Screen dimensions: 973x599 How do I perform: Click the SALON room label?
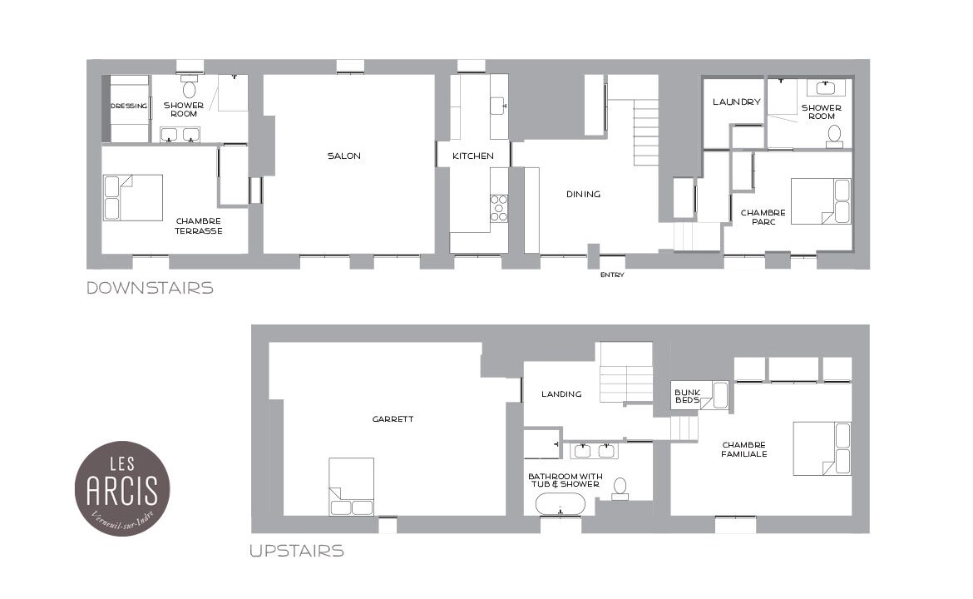(x=343, y=156)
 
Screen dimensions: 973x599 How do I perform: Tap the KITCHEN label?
(x=473, y=156)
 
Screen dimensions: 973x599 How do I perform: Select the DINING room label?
(x=583, y=195)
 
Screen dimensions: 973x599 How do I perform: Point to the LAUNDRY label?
(x=737, y=101)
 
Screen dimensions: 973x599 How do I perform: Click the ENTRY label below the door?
(x=612, y=275)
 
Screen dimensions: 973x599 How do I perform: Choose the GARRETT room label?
(x=393, y=419)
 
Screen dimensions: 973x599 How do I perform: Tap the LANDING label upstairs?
(x=561, y=394)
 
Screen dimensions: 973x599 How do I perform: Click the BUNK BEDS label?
(x=687, y=396)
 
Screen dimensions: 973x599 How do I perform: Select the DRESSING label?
(x=129, y=106)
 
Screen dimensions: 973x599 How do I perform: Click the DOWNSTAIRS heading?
(x=151, y=288)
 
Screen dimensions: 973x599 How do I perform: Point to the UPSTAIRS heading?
(x=297, y=551)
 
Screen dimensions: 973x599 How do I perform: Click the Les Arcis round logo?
(x=122, y=488)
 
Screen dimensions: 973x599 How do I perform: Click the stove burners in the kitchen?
(x=499, y=208)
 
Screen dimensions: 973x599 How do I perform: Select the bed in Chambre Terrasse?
(x=133, y=197)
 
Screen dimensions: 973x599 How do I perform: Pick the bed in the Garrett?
(x=351, y=487)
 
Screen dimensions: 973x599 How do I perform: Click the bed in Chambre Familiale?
(x=822, y=448)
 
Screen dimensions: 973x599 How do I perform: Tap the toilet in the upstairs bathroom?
(x=620, y=488)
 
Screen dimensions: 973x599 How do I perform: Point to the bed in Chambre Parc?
(x=821, y=201)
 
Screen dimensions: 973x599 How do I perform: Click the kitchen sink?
(x=499, y=106)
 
